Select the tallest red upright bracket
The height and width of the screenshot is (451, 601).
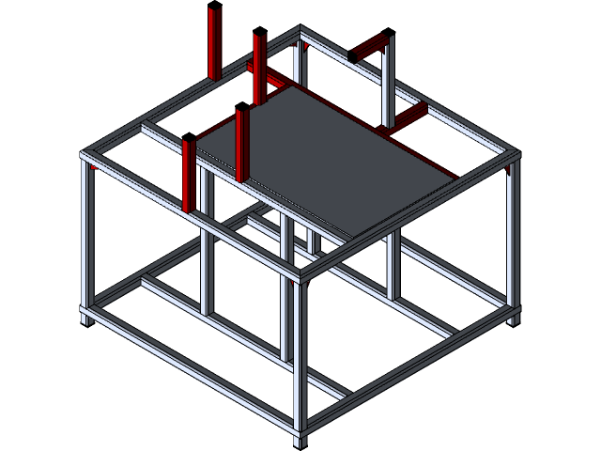(x=213, y=42)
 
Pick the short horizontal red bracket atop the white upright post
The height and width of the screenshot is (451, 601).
(x=368, y=47)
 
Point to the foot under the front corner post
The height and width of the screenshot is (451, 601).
(x=300, y=437)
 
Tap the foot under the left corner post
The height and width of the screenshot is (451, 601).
(x=86, y=319)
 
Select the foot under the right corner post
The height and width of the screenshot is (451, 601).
(x=514, y=319)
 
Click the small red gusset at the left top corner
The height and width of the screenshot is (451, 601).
(x=96, y=167)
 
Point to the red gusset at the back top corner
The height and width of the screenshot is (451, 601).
(x=302, y=43)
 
